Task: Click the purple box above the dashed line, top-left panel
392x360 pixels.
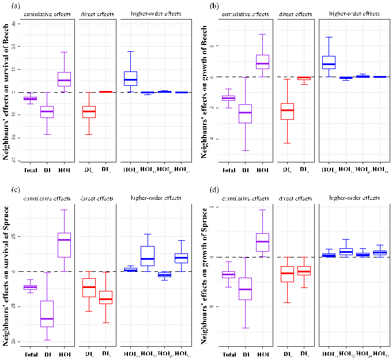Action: coord(64,79)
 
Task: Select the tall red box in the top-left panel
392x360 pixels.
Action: coord(89,112)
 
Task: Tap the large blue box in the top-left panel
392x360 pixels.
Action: coord(130,78)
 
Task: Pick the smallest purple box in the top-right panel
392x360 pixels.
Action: coord(228,98)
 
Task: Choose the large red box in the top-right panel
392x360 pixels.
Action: coord(287,111)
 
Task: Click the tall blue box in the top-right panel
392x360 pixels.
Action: coord(329,62)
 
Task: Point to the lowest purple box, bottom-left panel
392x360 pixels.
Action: coord(47,313)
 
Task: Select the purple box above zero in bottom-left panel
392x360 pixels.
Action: coord(64,245)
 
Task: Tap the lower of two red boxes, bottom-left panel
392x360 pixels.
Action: coord(105,297)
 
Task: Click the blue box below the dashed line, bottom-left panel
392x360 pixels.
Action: coord(164,275)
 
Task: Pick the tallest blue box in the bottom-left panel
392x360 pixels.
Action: coord(147,256)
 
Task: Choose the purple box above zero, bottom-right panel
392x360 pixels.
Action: coord(262,242)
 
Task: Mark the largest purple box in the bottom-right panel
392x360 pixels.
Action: coord(245,289)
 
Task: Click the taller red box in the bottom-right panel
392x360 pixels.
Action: coord(287,274)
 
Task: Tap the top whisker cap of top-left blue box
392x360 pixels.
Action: coord(130,51)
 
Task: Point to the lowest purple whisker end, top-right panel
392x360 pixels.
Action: coord(245,150)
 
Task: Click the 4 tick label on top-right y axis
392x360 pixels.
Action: coord(212,139)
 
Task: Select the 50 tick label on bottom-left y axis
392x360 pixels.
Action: coord(13,342)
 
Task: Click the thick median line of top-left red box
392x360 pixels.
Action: coord(89,111)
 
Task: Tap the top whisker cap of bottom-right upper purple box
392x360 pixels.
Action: coord(262,210)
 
